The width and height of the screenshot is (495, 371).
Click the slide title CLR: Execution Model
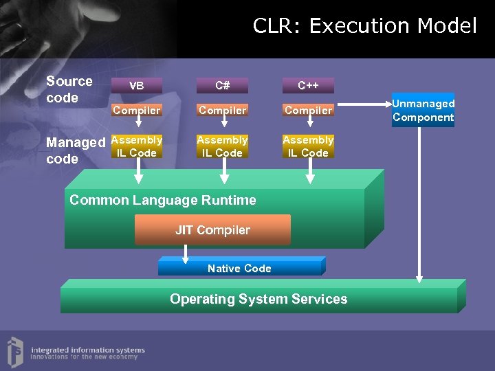click(x=364, y=26)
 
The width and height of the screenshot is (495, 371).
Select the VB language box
click(x=137, y=86)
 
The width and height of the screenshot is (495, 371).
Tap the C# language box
click(x=222, y=86)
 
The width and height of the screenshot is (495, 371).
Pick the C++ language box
click(x=308, y=86)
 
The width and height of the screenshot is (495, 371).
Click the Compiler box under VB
click(x=137, y=110)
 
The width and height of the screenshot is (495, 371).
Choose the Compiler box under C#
click(x=222, y=110)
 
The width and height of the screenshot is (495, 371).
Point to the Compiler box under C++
click(x=308, y=110)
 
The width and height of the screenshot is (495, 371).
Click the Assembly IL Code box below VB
click(x=137, y=146)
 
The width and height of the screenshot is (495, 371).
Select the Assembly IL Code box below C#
click(x=222, y=146)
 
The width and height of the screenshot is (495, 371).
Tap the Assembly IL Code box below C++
click(x=308, y=146)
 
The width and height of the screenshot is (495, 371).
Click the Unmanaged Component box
click(x=423, y=110)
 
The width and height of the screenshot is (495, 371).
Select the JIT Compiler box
click(x=212, y=230)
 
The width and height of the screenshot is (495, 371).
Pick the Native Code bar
click(x=239, y=268)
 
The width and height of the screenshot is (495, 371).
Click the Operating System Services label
click(x=258, y=299)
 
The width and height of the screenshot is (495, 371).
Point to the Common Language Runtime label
click(x=163, y=201)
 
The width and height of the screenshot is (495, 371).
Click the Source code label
click(x=69, y=89)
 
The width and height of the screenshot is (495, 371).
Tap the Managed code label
click(x=75, y=150)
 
